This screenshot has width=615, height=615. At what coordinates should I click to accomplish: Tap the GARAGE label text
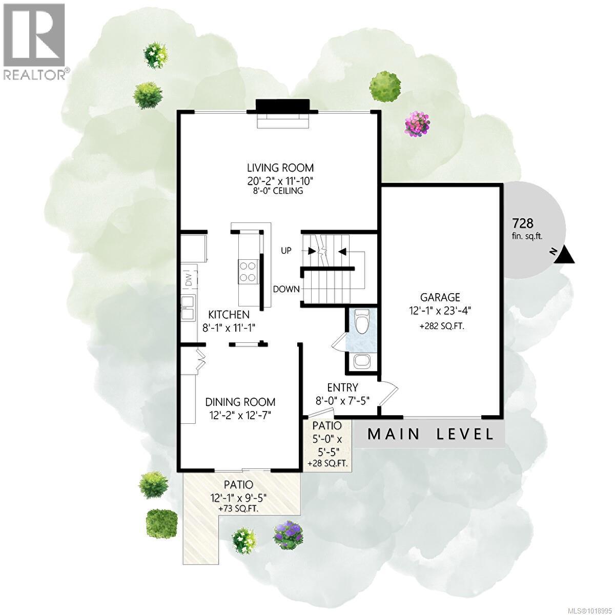pos(440,297)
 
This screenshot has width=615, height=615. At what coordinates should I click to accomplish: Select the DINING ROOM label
pos(240,402)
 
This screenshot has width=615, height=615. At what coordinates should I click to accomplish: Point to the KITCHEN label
pos(229,315)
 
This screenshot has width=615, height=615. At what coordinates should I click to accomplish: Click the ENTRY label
pos(343,387)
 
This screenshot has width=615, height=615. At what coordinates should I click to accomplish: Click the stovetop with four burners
pos(248,271)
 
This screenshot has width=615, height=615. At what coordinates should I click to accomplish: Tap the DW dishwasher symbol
pos(189,279)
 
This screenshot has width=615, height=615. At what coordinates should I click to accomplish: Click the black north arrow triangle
pos(565,255)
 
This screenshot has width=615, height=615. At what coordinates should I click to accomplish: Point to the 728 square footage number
pos(523,223)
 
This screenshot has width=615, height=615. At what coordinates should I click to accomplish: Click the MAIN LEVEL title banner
pos(430,435)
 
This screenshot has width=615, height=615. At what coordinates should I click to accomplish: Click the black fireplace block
pos(282,105)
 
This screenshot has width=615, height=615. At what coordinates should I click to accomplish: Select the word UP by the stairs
pos(286,251)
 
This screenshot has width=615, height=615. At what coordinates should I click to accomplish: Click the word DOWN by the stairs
pos(286,289)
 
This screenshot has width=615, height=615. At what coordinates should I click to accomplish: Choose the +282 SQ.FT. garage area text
pos(442,325)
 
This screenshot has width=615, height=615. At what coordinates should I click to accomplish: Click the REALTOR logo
pos(34,41)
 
